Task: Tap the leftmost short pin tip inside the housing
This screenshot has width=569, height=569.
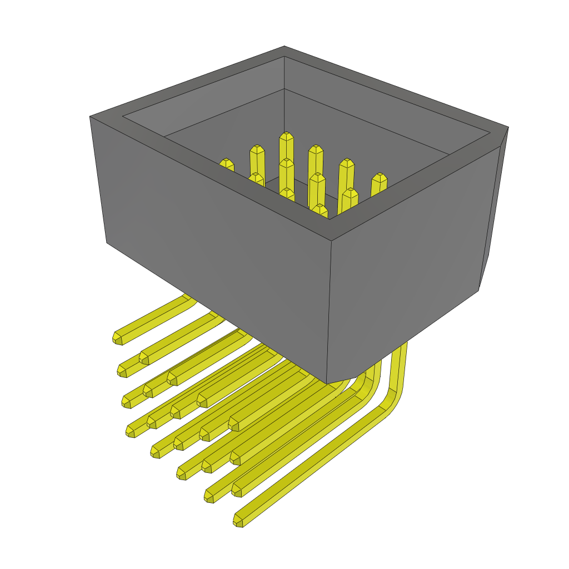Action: (x=226, y=163)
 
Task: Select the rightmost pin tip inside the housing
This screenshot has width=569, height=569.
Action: (x=379, y=177)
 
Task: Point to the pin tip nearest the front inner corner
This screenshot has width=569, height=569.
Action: (x=319, y=208)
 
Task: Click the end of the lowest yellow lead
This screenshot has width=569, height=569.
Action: (x=238, y=521)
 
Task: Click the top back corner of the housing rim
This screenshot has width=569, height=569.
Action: (x=284, y=47)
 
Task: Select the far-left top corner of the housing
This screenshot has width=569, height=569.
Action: (x=90, y=117)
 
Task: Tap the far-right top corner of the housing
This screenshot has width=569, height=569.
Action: (x=508, y=127)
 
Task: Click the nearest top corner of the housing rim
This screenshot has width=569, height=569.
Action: (x=332, y=241)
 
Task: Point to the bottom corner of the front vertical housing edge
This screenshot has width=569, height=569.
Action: (x=327, y=382)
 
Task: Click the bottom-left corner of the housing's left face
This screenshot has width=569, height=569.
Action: (x=107, y=242)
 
